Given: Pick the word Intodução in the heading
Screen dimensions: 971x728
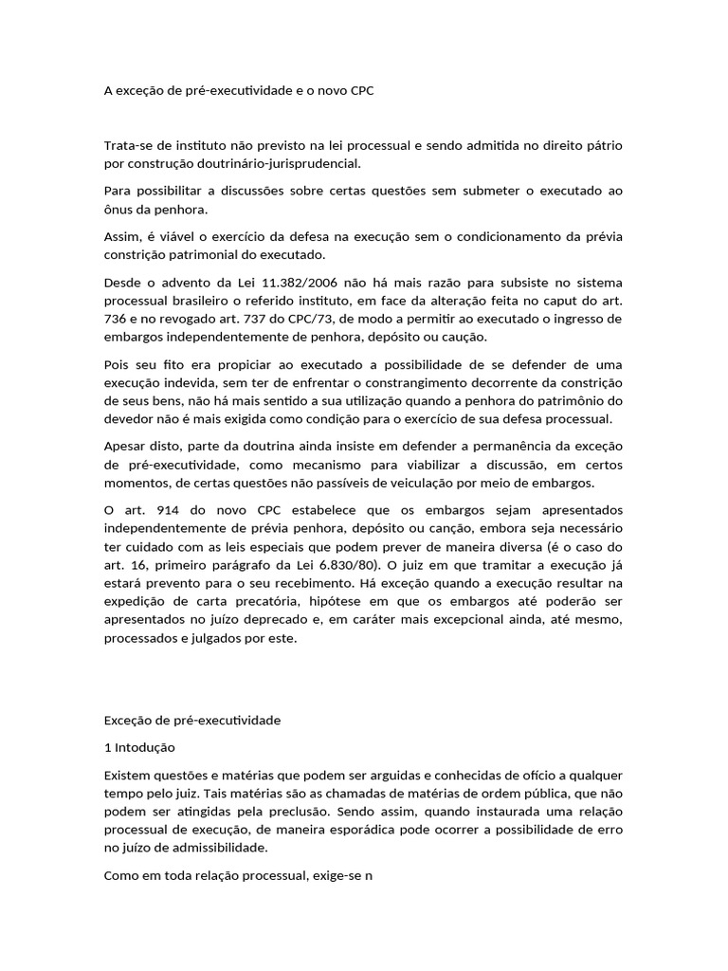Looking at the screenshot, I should [x=141, y=748].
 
